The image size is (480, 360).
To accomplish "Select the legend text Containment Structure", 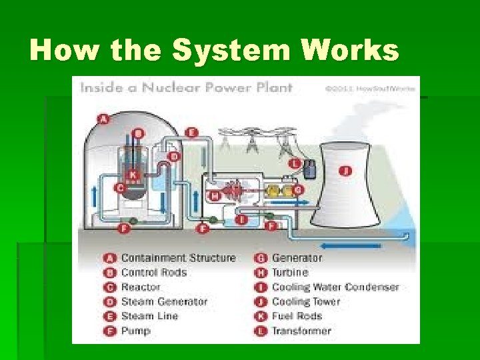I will pos(178,258).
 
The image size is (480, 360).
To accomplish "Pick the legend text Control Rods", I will pos(153,273).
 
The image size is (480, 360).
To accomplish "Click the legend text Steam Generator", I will pos(164,302).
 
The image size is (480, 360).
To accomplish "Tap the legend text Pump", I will pos(135,331).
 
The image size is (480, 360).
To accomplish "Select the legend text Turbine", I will pos(290,273).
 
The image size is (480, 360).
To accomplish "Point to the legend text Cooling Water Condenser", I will pos(335,287).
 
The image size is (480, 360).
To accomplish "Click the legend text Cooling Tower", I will pos(306,302).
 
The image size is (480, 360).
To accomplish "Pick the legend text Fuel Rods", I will pos(297,316).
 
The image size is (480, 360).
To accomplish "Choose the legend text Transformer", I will pos(301,331).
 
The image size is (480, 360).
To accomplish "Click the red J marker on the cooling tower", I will pos(345,171).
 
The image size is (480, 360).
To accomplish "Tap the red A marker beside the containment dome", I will pos(103,119).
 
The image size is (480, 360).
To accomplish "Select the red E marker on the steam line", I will pos(192,133).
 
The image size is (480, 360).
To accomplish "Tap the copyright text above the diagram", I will pos(370,87).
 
